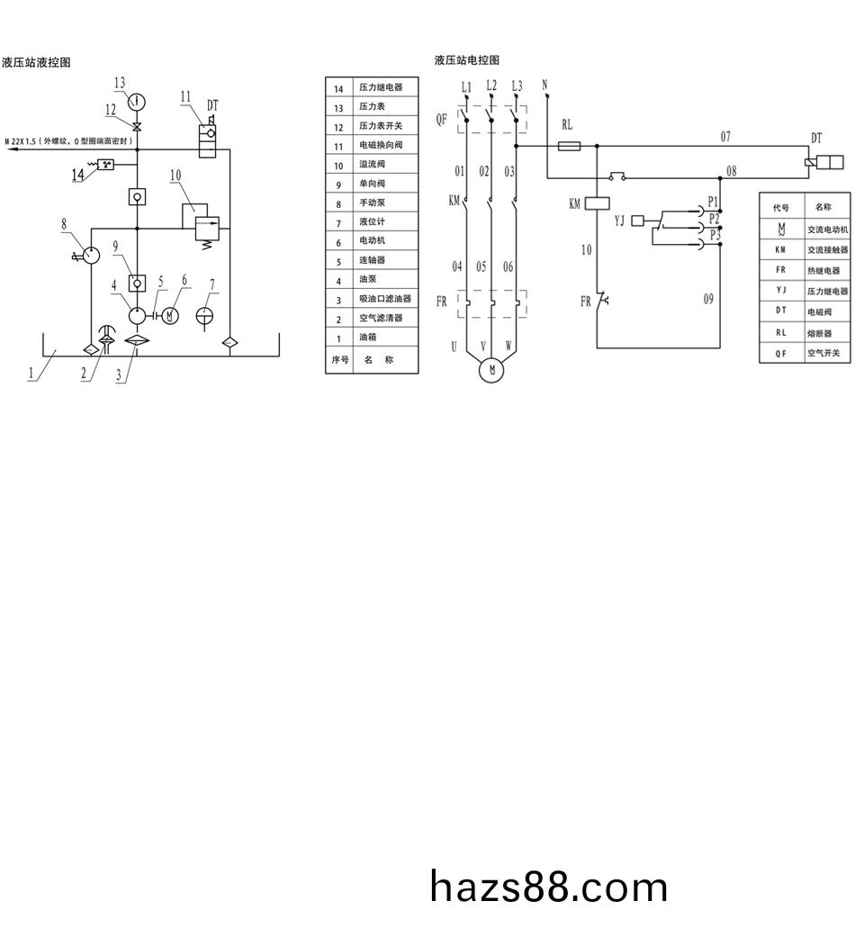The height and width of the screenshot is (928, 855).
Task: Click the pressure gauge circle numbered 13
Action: pyautogui.click(x=138, y=101)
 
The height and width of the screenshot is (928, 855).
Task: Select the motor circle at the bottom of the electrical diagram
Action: pyautogui.click(x=491, y=370)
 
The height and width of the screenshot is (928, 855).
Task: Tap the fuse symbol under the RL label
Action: pyautogui.click(x=569, y=146)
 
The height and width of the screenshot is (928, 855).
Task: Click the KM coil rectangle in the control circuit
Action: pyautogui.click(x=597, y=203)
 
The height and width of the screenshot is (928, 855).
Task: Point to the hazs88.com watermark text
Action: pyautogui.click(x=548, y=887)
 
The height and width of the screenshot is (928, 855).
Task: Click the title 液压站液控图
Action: pyautogui.click(x=36, y=62)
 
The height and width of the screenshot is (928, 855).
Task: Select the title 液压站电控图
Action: pyautogui.click(x=467, y=59)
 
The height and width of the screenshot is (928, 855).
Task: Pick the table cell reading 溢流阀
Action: pyautogui.click(x=373, y=164)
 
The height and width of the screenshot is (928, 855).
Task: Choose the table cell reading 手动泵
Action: pyautogui.click(x=373, y=203)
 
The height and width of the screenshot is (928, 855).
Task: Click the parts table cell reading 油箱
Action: pyautogui.click(x=368, y=337)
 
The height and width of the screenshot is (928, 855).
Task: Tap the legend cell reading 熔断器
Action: pyautogui.click(x=820, y=333)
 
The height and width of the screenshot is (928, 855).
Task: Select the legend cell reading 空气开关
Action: pyautogui.click(x=823, y=353)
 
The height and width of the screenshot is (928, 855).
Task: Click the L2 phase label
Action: pyautogui.click(x=491, y=86)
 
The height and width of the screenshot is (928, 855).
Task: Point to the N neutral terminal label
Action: pyautogui.click(x=545, y=86)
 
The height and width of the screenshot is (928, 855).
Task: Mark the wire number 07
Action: pyautogui.click(x=725, y=137)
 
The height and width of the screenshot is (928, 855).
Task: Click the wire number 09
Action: pyautogui.click(x=708, y=299)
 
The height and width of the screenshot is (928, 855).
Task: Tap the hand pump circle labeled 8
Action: pyautogui.click(x=91, y=255)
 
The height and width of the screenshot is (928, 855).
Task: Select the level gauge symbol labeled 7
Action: pyautogui.click(x=204, y=316)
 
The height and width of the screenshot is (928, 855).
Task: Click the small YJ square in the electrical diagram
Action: pyautogui.click(x=637, y=221)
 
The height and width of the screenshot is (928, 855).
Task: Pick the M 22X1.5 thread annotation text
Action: pyautogui.click(x=69, y=141)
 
